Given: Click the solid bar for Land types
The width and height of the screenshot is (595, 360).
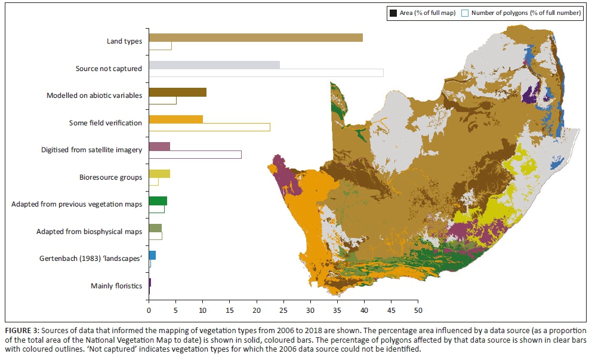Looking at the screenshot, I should [x=255, y=38].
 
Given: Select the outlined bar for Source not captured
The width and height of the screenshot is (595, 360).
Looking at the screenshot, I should [x=266, y=73].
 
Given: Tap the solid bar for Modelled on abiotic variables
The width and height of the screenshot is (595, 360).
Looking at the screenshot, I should [x=177, y=92].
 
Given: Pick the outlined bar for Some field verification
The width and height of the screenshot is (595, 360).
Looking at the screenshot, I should [x=209, y=127].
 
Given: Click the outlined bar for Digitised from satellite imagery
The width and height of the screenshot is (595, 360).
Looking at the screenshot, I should [x=195, y=155].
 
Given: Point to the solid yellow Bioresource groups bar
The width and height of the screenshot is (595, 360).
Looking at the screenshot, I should [x=159, y=174].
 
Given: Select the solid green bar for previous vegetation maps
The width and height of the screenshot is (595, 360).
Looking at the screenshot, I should [x=158, y=201].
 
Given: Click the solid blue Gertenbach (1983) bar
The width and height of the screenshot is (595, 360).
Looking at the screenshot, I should [x=152, y=255].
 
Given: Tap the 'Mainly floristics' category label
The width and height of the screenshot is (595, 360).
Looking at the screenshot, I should [x=116, y=286].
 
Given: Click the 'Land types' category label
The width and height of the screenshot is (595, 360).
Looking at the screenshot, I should [x=123, y=42].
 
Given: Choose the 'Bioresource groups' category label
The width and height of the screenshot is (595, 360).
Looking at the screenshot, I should [x=110, y=177].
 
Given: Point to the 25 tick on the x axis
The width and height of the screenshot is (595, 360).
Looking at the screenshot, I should [x=283, y=310].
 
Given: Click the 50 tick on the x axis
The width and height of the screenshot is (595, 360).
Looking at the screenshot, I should [x=418, y=310].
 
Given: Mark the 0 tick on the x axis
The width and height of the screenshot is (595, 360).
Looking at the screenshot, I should [x=149, y=310].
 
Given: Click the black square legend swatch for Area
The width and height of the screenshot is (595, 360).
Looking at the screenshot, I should [x=393, y=13].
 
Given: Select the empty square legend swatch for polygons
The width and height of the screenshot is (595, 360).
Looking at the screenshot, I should [x=467, y=13].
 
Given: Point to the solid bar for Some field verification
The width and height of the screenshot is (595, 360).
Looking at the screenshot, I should [x=175, y=119].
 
